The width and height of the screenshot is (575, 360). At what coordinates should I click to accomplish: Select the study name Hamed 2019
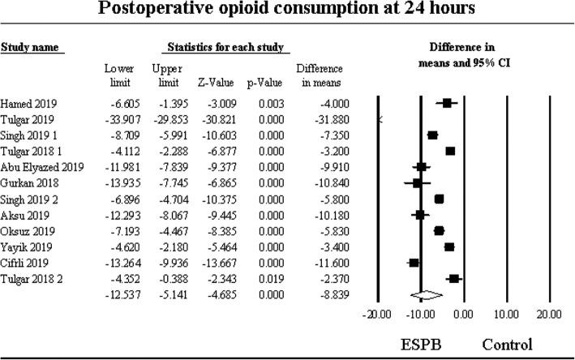26,104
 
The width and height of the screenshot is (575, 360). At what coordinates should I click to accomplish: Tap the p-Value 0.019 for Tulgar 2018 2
268,278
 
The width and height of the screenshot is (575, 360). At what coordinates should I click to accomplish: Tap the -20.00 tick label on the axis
376,312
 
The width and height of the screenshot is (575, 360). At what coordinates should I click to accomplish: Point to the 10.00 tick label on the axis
506,312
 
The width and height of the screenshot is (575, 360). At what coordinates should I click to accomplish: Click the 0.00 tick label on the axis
464,312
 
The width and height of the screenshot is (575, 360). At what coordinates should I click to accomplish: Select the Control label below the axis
507,342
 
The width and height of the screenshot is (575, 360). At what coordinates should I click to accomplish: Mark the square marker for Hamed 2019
447,103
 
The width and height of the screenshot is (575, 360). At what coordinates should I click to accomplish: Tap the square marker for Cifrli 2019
414,263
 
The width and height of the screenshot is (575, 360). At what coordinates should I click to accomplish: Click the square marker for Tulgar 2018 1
450,151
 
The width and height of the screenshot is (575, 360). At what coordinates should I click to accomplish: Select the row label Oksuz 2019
25,231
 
